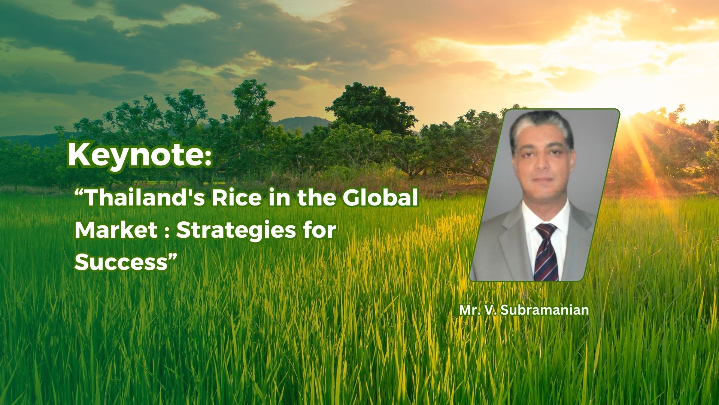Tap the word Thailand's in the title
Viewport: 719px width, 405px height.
[145, 198]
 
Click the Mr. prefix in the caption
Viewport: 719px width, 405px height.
[468, 310]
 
